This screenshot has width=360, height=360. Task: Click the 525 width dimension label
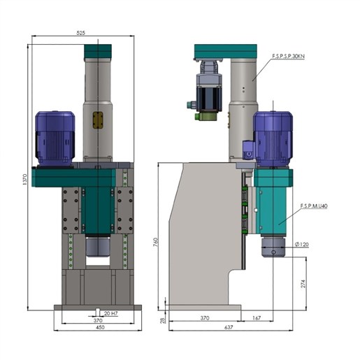pyautogui.click(x=80, y=33)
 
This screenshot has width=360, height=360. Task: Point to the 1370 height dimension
pyautogui.click(x=25, y=180)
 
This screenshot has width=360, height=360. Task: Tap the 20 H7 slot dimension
pyautogui.click(x=110, y=313)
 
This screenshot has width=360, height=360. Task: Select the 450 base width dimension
pyautogui.click(x=100, y=327)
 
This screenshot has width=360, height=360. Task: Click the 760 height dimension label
pyautogui.click(x=156, y=243)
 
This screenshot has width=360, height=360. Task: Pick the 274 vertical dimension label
pyautogui.click(x=303, y=284)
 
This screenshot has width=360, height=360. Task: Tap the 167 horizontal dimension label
pyautogui.click(x=257, y=318)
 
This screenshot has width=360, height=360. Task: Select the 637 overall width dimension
pyautogui.click(x=229, y=327)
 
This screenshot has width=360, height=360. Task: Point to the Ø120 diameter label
pyautogui.click(x=301, y=245)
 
